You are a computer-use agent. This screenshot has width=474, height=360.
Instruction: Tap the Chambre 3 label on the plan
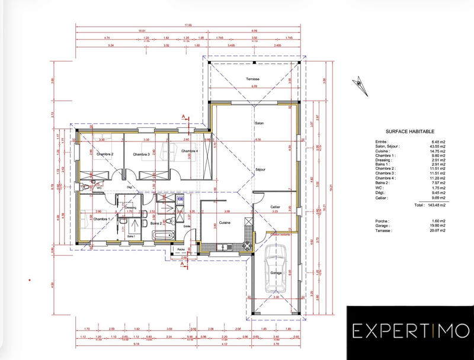point(141,155)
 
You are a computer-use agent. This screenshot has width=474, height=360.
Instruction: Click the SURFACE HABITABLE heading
point(410,132)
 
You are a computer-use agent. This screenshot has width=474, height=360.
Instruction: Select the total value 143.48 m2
point(440,204)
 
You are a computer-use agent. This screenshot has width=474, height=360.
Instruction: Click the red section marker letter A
point(184,117)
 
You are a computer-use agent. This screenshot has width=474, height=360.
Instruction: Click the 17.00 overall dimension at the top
point(188,25)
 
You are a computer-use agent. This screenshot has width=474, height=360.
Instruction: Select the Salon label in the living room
point(259,123)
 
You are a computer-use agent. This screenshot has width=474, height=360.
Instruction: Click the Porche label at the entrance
point(182,249)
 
